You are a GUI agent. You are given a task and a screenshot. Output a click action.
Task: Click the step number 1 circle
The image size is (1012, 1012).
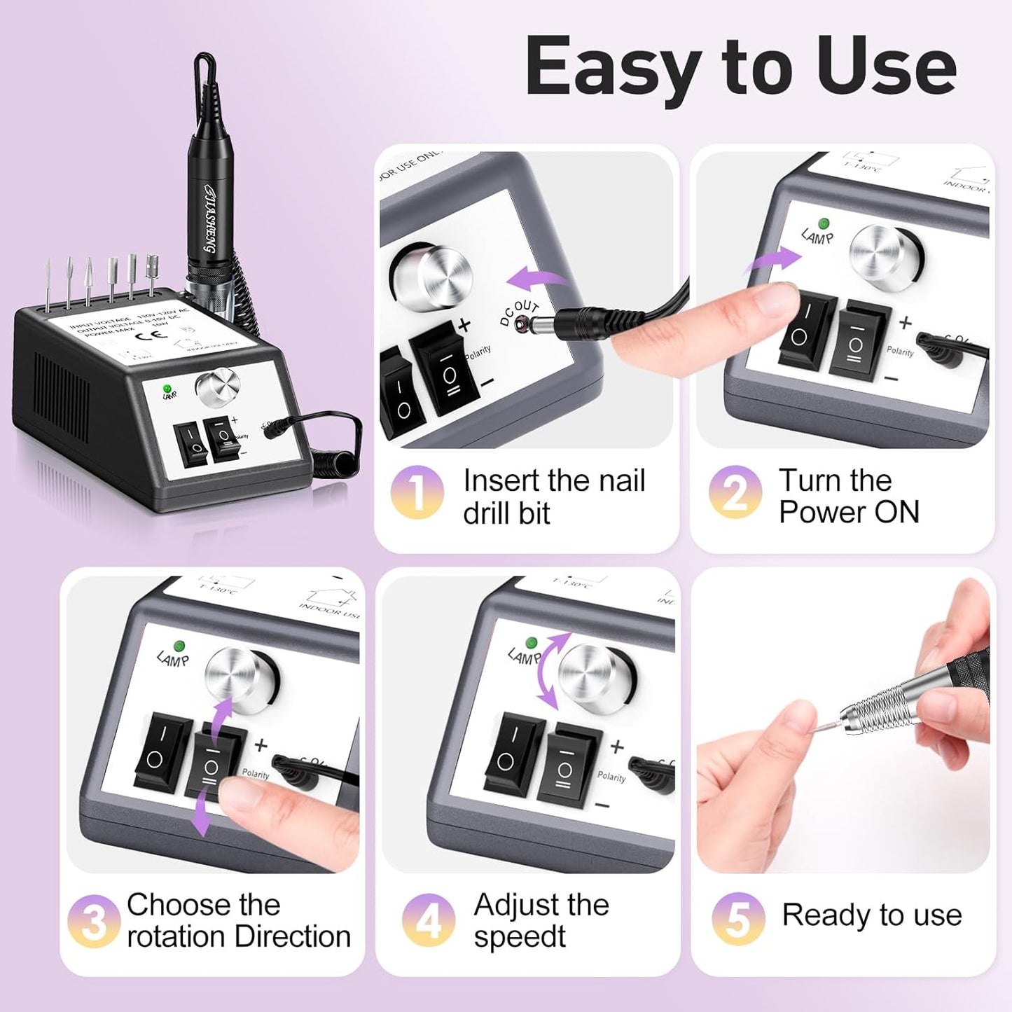417,492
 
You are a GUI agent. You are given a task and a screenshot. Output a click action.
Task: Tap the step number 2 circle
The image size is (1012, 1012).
735,492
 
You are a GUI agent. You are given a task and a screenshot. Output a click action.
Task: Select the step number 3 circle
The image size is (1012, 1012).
94,922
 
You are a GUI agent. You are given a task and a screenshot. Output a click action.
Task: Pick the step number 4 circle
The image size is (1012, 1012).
429,920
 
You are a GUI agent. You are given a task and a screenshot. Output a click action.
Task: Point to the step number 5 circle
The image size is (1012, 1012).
738,918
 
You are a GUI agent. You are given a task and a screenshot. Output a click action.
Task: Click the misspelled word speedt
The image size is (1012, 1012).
519,937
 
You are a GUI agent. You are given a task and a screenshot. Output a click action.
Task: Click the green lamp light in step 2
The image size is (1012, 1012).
824,223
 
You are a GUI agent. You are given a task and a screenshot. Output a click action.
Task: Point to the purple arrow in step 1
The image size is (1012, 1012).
536,281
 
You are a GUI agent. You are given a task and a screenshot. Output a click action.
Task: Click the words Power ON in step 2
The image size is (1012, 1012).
849,513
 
